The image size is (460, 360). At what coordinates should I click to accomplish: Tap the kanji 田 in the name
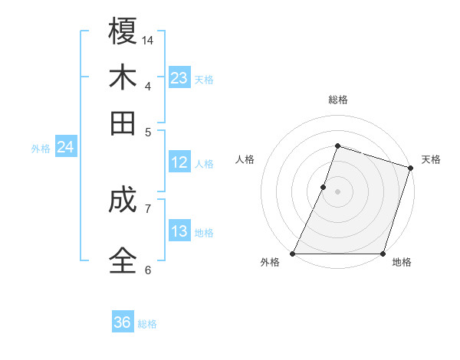(x=123, y=123)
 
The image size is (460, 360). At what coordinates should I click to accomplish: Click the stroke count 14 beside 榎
(x=149, y=39)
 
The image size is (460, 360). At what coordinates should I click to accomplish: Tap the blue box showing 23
(x=179, y=77)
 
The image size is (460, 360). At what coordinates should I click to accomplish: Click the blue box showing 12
(x=179, y=162)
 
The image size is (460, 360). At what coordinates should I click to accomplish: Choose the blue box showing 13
(x=179, y=231)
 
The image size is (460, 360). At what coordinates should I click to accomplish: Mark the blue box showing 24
(x=65, y=147)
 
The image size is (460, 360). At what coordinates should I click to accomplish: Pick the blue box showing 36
(x=123, y=322)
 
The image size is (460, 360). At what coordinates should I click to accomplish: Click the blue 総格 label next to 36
(x=147, y=324)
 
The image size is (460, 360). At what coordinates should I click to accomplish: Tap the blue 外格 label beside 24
(x=41, y=149)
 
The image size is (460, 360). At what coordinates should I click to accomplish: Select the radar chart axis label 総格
(x=338, y=100)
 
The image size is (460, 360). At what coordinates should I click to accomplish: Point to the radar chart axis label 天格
(x=431, y=159)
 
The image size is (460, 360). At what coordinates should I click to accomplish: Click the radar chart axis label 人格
(x=245, y=159)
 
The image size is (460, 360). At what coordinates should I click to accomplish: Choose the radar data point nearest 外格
(x=293, y=254)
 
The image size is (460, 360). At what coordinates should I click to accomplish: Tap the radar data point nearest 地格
(x=383, y=254)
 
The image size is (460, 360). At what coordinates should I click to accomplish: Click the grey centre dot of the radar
(x=338, y=191)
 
